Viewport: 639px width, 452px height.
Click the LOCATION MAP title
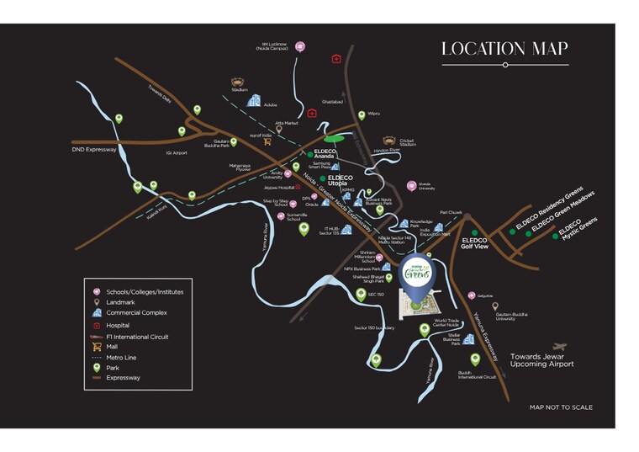504,49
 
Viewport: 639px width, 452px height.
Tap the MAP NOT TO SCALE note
561,407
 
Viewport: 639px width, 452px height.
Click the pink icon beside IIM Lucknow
300,46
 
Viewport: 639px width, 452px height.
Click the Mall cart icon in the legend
98,346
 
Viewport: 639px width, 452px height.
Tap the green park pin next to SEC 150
361,295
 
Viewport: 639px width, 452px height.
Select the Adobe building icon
252,100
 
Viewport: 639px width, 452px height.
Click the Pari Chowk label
451,213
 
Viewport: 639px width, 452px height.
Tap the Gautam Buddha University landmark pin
495,307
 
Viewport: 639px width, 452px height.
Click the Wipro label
374,114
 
